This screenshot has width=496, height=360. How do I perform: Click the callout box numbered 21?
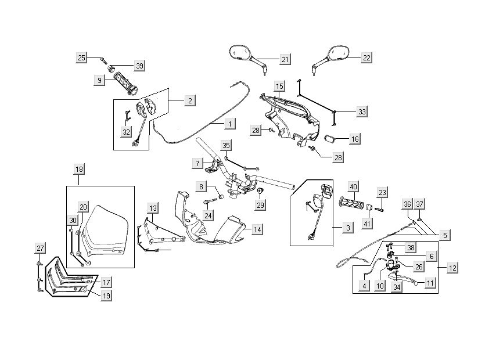[285, 60]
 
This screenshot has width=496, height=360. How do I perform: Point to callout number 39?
[139, 66]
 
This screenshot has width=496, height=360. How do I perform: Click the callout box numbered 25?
[81, 57]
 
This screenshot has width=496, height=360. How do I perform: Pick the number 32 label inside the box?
[126, 132]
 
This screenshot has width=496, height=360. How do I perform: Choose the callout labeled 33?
[362, 111]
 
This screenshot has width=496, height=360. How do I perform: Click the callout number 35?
[227, 145]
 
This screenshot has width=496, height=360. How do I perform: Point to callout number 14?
[257, 229]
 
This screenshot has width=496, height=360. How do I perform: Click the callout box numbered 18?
[80, 169]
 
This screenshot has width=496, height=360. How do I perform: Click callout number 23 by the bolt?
[382, 192]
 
